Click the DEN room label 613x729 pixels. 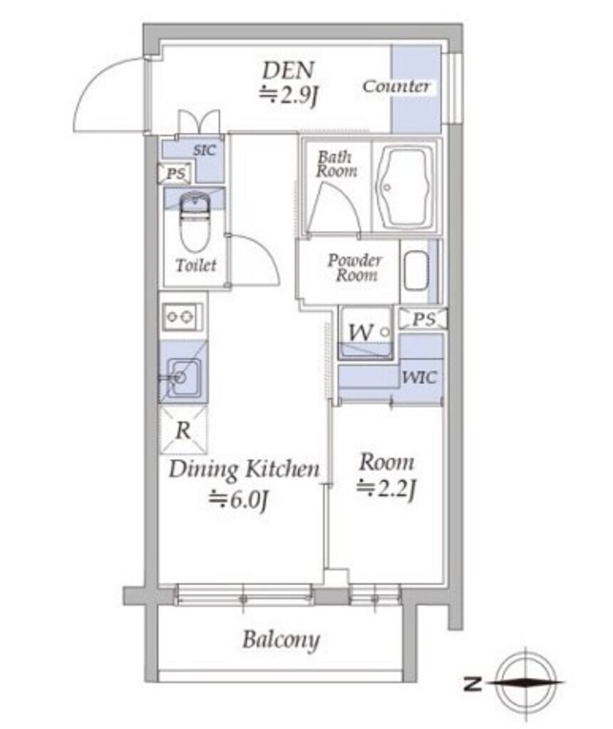click(x=288, y=70)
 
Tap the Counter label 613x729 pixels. click(x=396, y=86)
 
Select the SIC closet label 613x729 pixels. click(x=204, y=150)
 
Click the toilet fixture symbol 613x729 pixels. click(x=195, y=222)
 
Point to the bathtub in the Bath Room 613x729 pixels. click(x=403, y=186)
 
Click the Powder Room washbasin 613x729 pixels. click(x=416, y=271)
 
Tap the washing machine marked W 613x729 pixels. click(x=365, y=333)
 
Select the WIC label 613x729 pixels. click(x=419, y=377)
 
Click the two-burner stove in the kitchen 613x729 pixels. click(x=182, y=317)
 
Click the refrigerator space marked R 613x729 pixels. click(x=183, y=430)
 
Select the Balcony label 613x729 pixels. click(x=281, y=640)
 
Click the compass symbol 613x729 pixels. click(x=525, y=683)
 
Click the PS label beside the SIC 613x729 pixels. click(x=176, y=174)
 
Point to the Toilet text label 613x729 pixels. click(x=196, y=266)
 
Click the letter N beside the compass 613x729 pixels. click(x=473, y=684)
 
